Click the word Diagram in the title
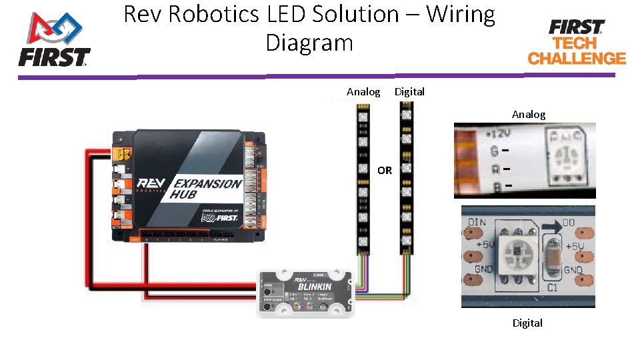pos(309,43)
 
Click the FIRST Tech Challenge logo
pos(577,42)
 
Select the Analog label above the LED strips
pos(363,92)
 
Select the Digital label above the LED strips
pos(409,92)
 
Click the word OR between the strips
pos(385,171)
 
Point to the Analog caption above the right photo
pos(528,115)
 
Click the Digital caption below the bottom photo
pos(527,323)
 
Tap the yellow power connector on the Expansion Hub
pos(123,155)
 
